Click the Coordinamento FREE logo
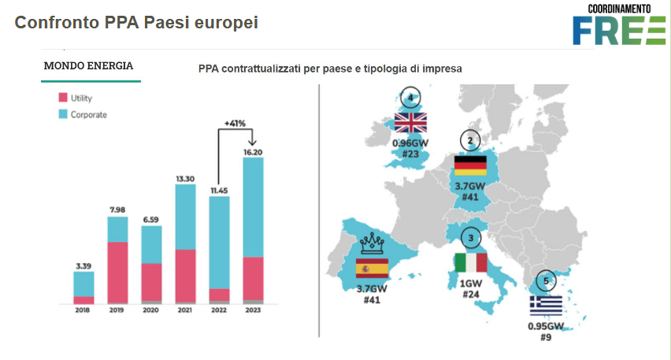(x=618, y=24)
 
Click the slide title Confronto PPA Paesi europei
(x=136, y=23)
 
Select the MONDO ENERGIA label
(x=88, y=65)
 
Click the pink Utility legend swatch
(x=64, y=98)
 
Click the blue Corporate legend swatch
(x=64, y=114)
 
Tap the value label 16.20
(x=252, y=150)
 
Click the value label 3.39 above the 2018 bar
(x=83, y=265)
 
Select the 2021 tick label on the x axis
(x=184, y=310)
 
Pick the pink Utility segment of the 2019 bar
(x=117, y=271)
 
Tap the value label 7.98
(x=117, y=210)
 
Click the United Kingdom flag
(x=410, y=123)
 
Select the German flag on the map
(x=471, y=166)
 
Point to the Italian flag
(x=471, y=263)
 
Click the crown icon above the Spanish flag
(x=371, y=243)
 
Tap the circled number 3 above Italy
(x=470, y=237)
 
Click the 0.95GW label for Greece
(x=546, y=325)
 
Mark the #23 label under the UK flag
(x=410, y=154)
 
